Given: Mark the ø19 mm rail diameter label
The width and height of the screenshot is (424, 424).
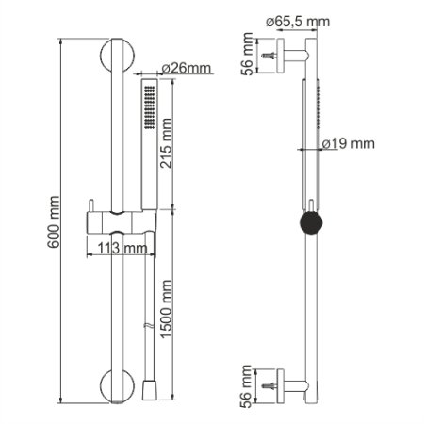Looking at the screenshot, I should pyautogui.click(x=348, y=144).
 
